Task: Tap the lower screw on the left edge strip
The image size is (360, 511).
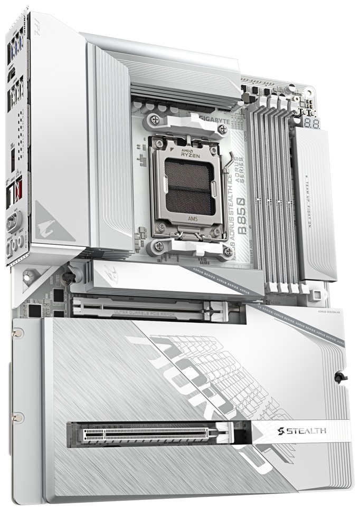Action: point(20,417)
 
